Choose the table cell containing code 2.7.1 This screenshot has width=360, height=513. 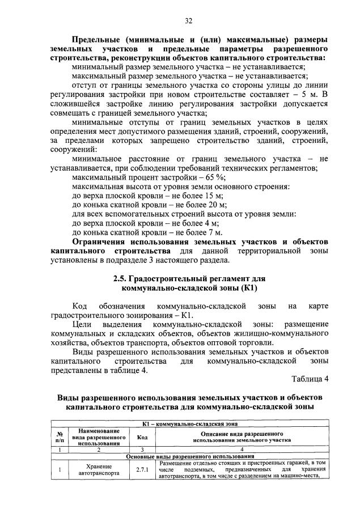142,470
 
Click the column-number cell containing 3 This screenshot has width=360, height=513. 142,449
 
